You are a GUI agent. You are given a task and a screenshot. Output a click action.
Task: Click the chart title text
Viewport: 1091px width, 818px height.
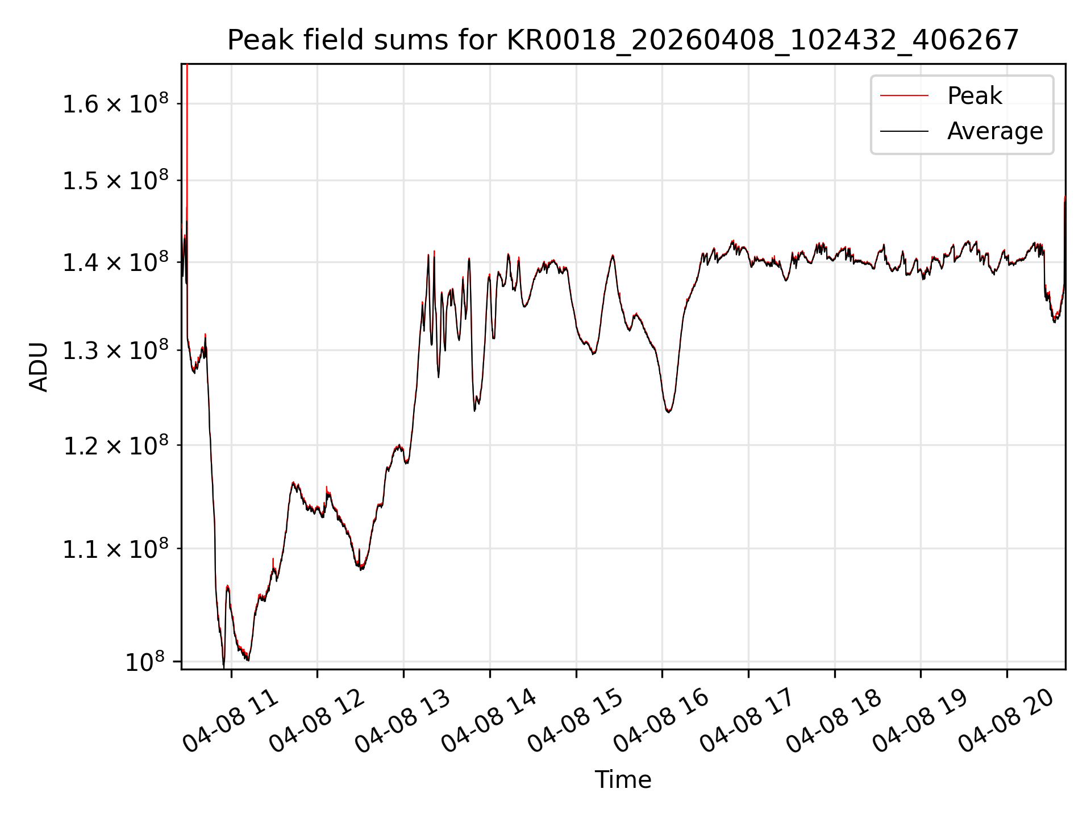tap(623, 40)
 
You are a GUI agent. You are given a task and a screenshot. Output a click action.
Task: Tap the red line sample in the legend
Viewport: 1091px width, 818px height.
tap(904, 96)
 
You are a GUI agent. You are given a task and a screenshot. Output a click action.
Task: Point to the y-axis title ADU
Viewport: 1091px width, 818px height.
tap(39, 367)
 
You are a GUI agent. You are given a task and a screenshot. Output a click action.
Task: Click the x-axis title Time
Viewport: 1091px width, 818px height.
tap(623, 779)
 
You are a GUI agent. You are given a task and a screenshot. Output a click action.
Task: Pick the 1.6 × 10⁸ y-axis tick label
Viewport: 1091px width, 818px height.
tap(116, 103)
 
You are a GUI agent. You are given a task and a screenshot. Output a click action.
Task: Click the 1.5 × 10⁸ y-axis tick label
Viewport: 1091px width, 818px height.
tap(116, 180)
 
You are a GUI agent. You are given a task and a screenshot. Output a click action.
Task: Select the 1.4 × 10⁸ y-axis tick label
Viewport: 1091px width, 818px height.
tap(116, 262)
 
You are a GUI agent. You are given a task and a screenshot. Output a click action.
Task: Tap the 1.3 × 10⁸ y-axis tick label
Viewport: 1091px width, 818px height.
tap(116, 350)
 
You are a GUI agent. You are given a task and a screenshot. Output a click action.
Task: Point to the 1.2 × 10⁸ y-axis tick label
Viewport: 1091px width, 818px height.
tap(116, 445)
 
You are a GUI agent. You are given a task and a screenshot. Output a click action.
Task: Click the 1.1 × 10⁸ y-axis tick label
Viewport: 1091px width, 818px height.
tap(116, 548)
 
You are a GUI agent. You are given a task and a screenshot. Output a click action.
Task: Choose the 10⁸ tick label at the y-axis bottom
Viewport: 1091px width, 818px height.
tap(145, 661)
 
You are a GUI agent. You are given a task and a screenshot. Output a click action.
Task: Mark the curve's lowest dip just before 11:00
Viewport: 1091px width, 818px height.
tap(223, 666)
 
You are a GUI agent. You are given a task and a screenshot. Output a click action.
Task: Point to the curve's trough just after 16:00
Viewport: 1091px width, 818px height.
tap(669, 412)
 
